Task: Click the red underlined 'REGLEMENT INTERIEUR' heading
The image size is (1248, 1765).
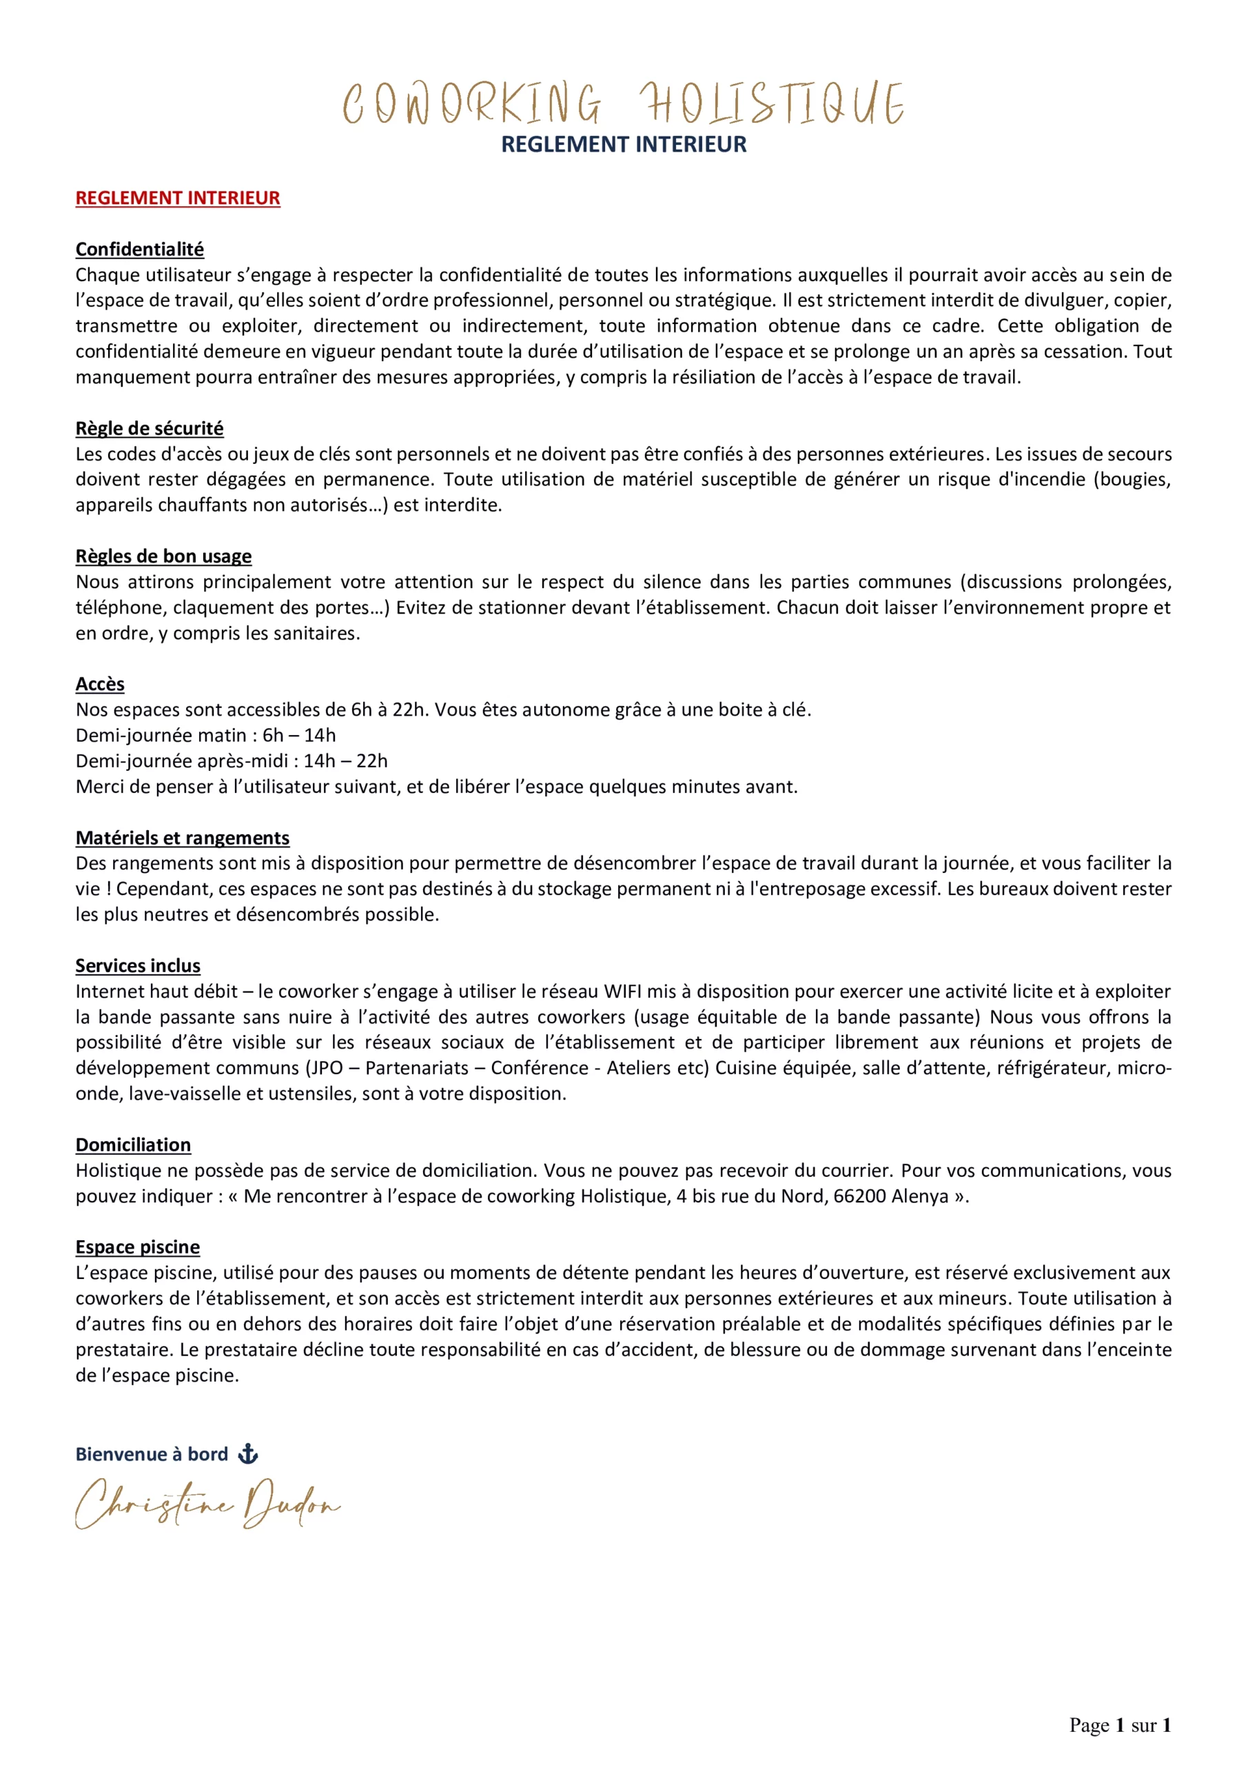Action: [x=178, y=199]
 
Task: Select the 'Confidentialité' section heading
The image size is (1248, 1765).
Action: [x=139, y=249]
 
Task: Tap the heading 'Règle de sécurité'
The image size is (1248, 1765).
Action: [x=149, y=428]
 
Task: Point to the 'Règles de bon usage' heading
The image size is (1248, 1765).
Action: [x=163, y=556]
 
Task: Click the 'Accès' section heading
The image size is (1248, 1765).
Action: [x=100, y=684]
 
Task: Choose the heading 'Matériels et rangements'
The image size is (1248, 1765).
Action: [x=182, y=838]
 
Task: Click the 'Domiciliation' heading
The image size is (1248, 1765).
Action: [x=133, y=1144]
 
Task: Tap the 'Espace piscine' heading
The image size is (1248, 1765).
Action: [x=138, y=1247]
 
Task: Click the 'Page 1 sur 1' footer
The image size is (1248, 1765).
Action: [x=1120, y=1725]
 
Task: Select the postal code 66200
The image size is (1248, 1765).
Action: [x=859, y=1196]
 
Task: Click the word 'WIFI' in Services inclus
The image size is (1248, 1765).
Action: [x=622, y=991]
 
